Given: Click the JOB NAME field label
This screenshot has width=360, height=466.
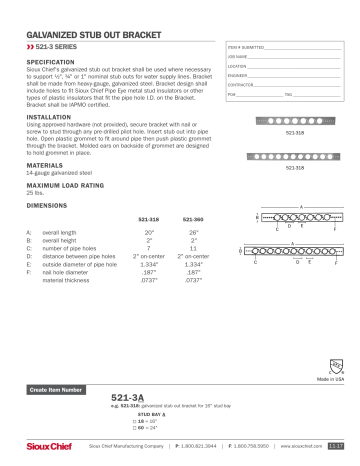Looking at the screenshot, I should click(236, 56).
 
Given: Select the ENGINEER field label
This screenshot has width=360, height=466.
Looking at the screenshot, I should click(238, 74).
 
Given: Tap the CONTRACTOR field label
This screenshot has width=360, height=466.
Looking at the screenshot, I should click(241, 83).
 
